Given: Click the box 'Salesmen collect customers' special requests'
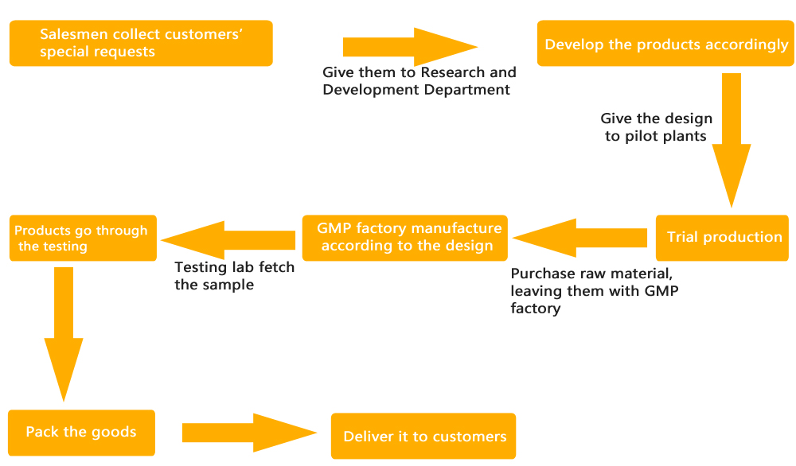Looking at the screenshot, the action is point(141,43).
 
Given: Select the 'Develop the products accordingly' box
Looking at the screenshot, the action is point(665,43).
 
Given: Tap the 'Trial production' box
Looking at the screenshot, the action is point(722,238).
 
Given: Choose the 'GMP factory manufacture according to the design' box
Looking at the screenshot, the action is point(404,238).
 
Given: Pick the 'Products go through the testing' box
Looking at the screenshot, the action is point(84,238).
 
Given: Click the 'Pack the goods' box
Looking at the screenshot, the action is point(82,433).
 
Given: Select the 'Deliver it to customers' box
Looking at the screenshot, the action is point(423,436).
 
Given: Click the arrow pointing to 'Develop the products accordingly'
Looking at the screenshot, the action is point(410,47).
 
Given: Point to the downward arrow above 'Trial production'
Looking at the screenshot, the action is point(731,141).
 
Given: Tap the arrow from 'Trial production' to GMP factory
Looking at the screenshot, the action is point(579,238).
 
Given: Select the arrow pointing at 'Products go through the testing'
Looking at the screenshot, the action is point(228,240).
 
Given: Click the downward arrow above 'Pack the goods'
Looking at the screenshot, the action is point(64,335).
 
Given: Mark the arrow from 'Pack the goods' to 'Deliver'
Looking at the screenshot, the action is point(250,433).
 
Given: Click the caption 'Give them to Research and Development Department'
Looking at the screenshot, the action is point(419,81).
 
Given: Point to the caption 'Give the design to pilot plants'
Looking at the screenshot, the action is point(656,127).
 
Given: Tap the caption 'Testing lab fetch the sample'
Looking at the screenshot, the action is point(235,276).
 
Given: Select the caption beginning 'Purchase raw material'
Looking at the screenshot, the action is point(595,291).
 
